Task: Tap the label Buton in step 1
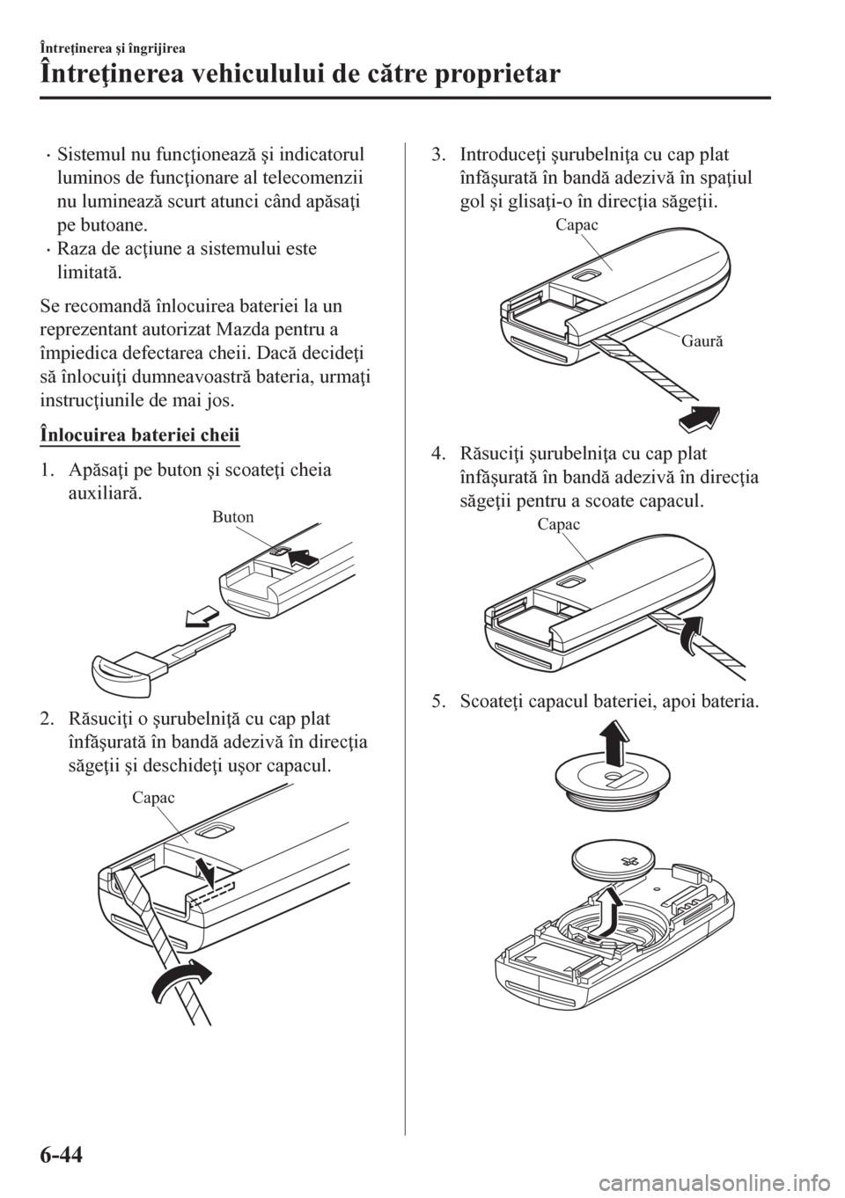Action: point(232,516)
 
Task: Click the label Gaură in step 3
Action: point(702,340)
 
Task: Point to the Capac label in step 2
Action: point(153,798)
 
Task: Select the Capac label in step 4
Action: point(559,524)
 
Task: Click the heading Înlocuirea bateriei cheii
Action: point(139,434)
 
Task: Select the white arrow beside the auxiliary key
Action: point(202,617)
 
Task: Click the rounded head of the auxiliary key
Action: point(124,675)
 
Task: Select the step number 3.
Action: point(437,155)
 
